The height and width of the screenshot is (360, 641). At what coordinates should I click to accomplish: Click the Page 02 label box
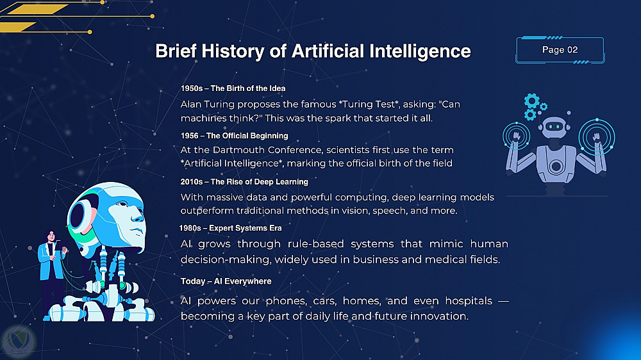[x=560, y=50]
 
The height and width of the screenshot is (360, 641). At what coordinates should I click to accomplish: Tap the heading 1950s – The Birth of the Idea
[x=233, y=88]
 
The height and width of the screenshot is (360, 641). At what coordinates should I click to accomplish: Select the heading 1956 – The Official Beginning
[x=234, y=136]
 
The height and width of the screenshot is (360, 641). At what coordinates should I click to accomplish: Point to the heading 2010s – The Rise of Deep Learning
[x=244, y=182]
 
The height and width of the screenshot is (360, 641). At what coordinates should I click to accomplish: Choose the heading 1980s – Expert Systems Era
[x=231, y=228]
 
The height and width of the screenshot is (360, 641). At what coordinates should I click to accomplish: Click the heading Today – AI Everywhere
[x=226, y=281]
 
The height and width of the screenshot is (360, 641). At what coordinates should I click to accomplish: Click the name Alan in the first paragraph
[x=190, y=104]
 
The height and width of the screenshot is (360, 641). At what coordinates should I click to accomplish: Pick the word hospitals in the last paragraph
[x=469, y=301]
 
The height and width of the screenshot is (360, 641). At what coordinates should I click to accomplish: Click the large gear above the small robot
[x=531, y=100]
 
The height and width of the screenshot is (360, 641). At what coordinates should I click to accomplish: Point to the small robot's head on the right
[x=554, y=127]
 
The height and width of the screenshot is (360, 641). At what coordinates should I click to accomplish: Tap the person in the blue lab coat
[x=52, y=275]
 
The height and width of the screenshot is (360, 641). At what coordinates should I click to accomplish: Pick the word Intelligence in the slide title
[x=420, y=51]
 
